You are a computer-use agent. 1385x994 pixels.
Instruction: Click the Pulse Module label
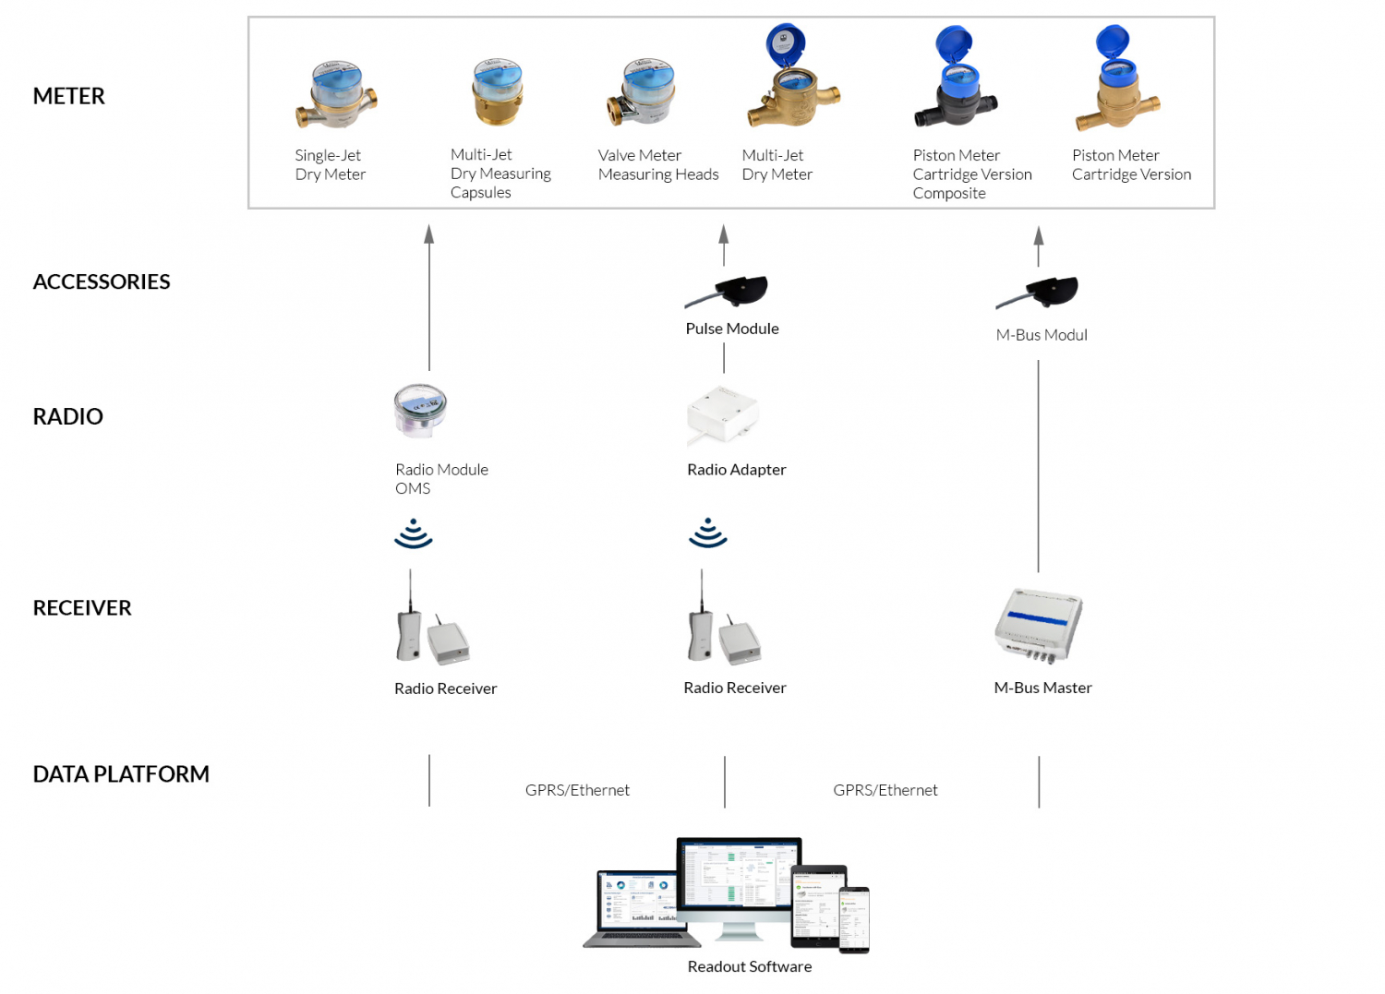732,329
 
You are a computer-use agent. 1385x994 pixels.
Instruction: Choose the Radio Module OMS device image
420,411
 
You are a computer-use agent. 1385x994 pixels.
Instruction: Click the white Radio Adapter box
723,414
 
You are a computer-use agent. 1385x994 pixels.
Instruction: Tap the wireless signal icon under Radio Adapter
708,533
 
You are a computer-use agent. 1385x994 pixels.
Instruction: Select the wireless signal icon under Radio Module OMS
414,533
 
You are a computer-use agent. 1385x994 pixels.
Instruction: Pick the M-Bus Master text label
1042,688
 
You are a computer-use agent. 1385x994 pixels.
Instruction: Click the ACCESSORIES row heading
102,281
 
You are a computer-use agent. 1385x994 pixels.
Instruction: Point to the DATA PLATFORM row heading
121,773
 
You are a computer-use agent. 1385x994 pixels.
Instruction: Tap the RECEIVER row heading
82,607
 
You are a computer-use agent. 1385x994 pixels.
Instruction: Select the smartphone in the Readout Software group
854,919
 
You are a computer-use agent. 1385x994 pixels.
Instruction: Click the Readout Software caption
749,966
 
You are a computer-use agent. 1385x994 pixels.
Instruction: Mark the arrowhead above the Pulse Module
724,234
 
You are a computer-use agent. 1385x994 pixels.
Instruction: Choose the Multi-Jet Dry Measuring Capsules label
500,174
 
